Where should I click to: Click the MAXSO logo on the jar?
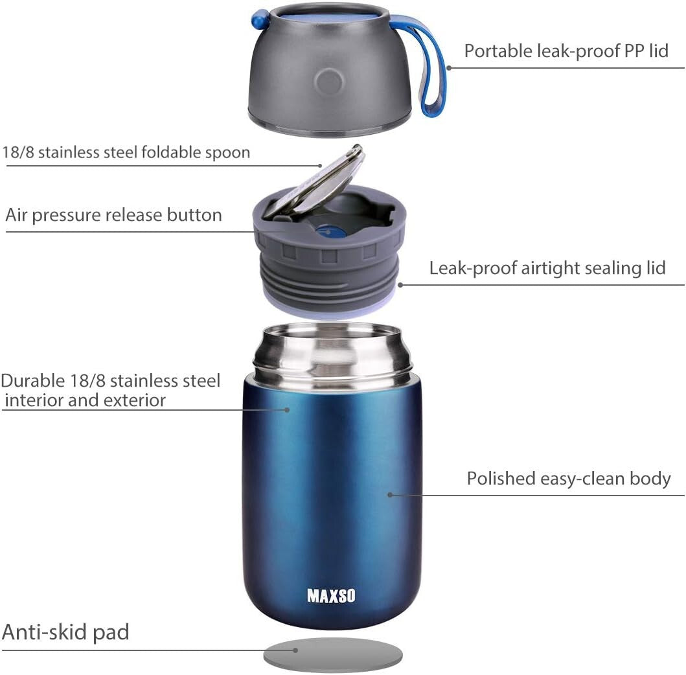tap(331, 595)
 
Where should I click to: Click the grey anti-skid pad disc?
tap(333, 654)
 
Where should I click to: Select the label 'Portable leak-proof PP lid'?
tap(566, 51)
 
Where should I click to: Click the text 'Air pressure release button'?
tap(114, 215)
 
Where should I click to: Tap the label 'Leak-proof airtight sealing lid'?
tap(547, 268)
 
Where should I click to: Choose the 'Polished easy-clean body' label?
tap(569, 479)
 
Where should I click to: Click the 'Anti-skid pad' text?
tap(66, 632)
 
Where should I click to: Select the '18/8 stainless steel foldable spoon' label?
tap(126, 152)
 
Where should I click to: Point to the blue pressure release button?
tap(328, 230)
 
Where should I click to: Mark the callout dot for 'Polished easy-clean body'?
tap(390, 496)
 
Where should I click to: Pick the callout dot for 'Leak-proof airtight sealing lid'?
tap(400, 284)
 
